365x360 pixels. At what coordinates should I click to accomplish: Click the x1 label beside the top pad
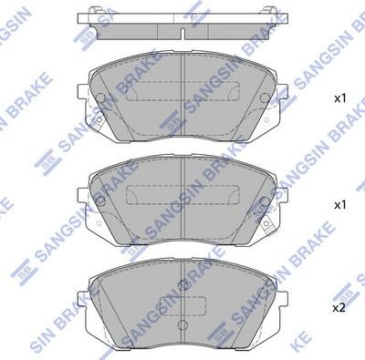coord(339,96)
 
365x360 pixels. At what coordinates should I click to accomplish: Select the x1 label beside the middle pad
coord(339,205)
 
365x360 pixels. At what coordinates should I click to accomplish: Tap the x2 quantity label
coord(339,308)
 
